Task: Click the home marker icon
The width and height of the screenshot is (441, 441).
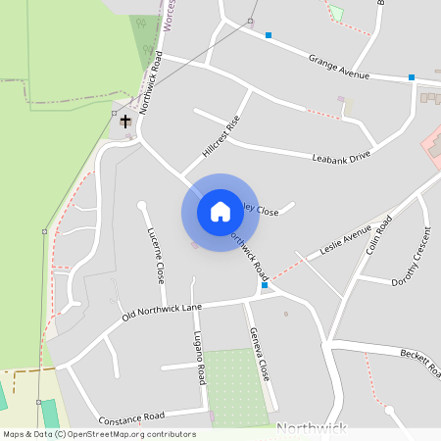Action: click(220, 212)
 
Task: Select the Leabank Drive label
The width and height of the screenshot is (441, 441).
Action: click(341, 157)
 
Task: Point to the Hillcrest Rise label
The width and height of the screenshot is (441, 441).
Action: click(220, 137)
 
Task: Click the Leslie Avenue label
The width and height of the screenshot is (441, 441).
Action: click(344, 240)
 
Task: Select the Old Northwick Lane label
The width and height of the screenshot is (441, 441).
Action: click(162, 313)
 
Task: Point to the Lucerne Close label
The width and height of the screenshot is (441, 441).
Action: click(156, 256)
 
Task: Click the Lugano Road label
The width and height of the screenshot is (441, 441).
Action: click(200, 356)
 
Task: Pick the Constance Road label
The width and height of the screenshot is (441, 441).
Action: click(130, 416)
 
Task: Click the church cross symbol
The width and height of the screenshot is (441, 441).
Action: click(125, 122)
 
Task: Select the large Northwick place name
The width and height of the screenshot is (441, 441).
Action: click(312, 429)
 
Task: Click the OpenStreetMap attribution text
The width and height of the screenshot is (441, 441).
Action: click(100, 433)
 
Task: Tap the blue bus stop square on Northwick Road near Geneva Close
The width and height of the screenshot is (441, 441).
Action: click(265, 286)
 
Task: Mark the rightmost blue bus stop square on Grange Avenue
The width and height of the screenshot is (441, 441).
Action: click(412, 76)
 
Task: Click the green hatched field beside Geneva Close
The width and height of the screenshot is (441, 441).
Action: click(235, 387)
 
